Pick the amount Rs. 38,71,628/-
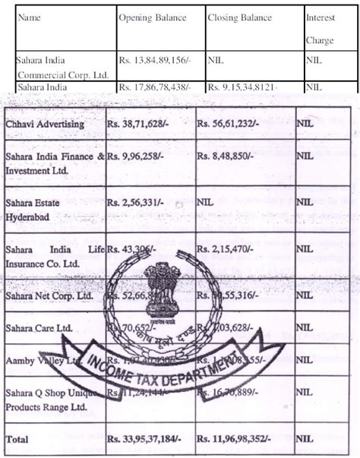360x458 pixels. coord(140,122)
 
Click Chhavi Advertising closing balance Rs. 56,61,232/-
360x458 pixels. coord(229,122)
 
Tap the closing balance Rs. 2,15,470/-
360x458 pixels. coord(226,248)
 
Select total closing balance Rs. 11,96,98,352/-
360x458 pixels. coord(235,439)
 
